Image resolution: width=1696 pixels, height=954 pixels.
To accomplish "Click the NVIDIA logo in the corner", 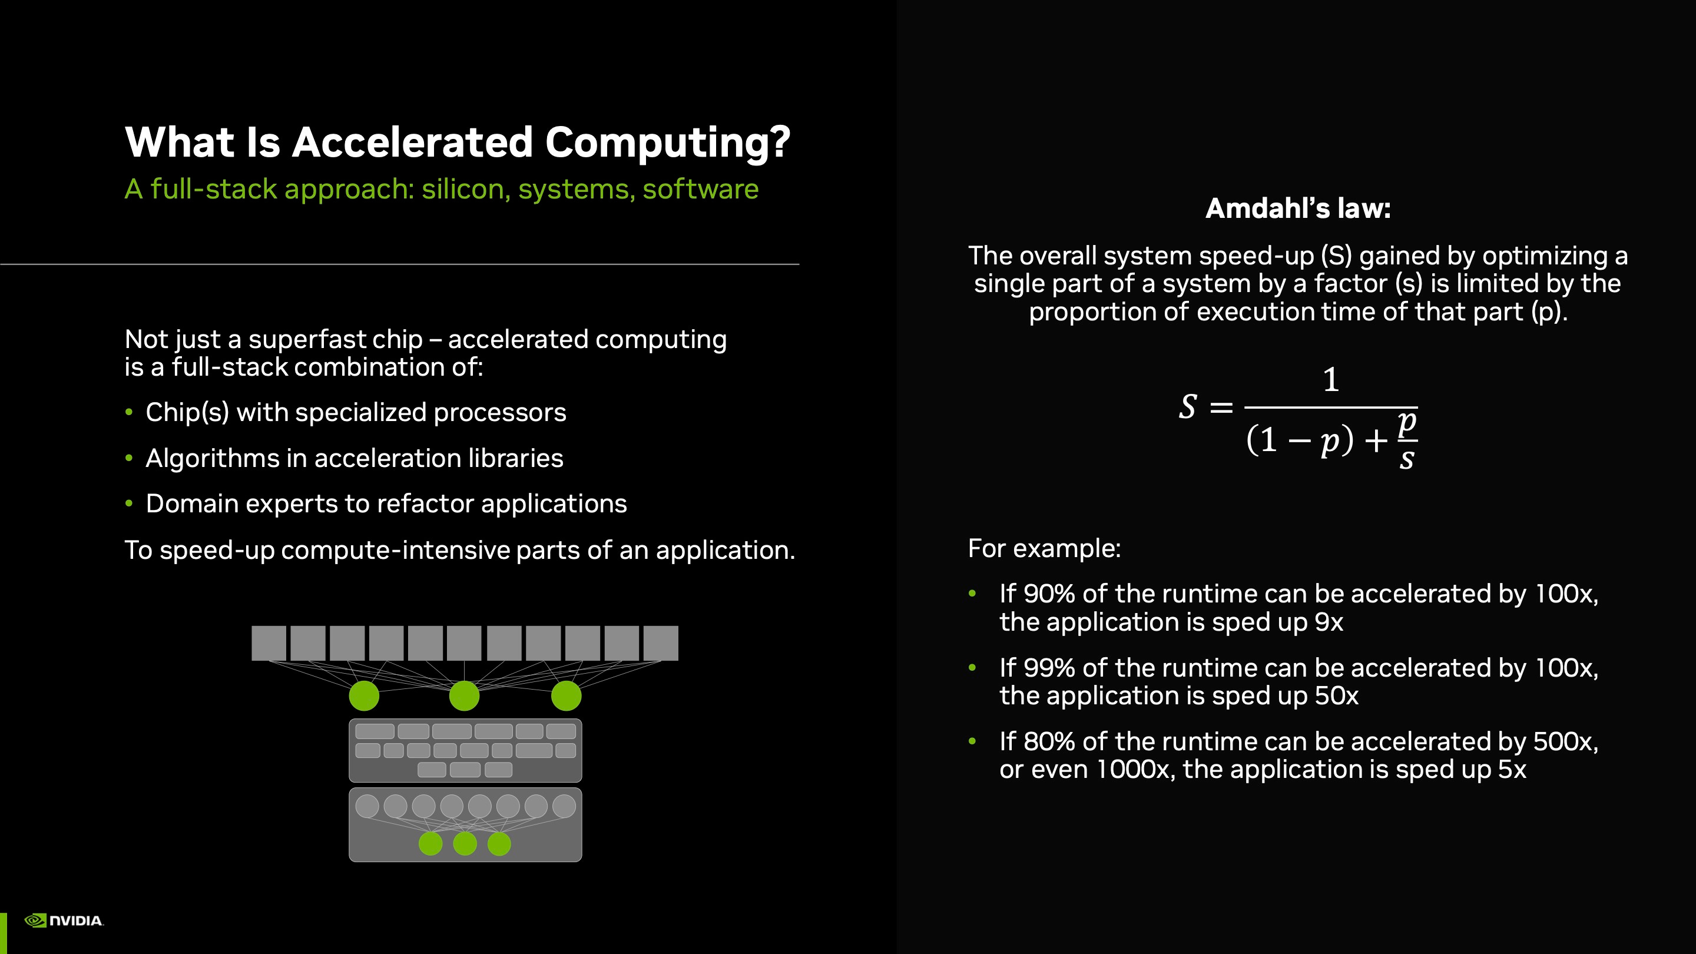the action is click(x=64, y=920).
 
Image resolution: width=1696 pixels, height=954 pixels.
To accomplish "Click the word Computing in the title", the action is click(x=668, y=143).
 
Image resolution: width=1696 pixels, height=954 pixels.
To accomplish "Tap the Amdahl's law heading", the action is click(x=1298, y=208).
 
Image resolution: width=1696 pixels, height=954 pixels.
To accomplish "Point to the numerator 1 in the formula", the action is click(x=1331, y=380).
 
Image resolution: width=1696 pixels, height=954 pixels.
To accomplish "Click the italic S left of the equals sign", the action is click(x=1188, y=407).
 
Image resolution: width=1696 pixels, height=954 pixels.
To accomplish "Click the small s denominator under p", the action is click(x=1407, y=459).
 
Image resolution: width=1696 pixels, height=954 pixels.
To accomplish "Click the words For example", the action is click(x=1044, y=548).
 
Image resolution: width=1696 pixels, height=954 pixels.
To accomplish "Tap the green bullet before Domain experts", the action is click(x=129, y=503).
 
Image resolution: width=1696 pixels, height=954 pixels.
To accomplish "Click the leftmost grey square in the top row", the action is click(x=269, y=643).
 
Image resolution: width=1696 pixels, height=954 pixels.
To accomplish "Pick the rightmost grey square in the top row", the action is click(x=661, y=643).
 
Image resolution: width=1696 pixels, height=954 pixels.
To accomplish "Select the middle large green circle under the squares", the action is click(x=464, y=696).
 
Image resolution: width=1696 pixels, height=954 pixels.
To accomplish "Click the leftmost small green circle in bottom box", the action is click(x=430, y=843).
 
